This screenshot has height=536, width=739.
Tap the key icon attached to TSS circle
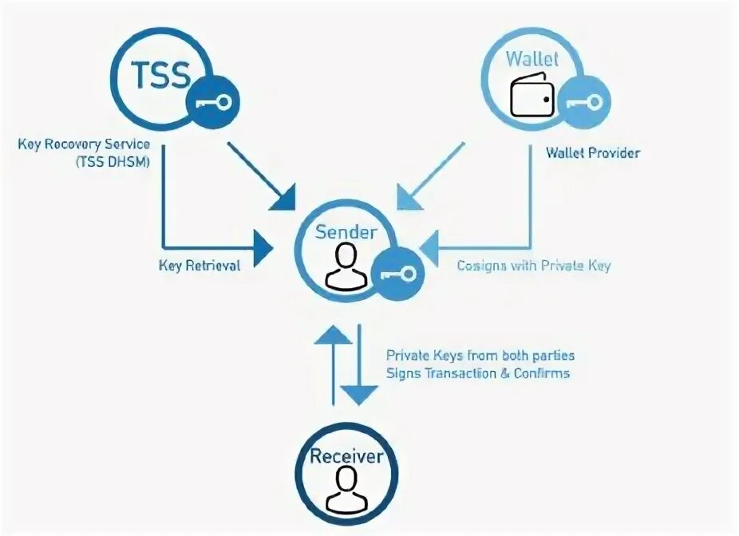click(x=212, y=101)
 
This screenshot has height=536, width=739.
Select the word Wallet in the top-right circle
click(x=532, y=59)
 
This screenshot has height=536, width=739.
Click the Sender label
click(x=345, y=232)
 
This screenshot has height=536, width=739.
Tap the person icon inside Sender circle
click(x=346, y=266)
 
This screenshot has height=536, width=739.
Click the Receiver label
click(x=346, y=456)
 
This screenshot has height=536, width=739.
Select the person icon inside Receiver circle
click(x=346, y=490)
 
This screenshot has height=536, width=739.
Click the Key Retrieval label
click(x=200, y=266)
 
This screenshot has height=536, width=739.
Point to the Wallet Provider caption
click(x=592, y=152)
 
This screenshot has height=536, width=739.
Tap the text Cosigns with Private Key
click(x=533, y=266)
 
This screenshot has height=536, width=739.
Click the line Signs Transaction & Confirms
click(x=478, y=372)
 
